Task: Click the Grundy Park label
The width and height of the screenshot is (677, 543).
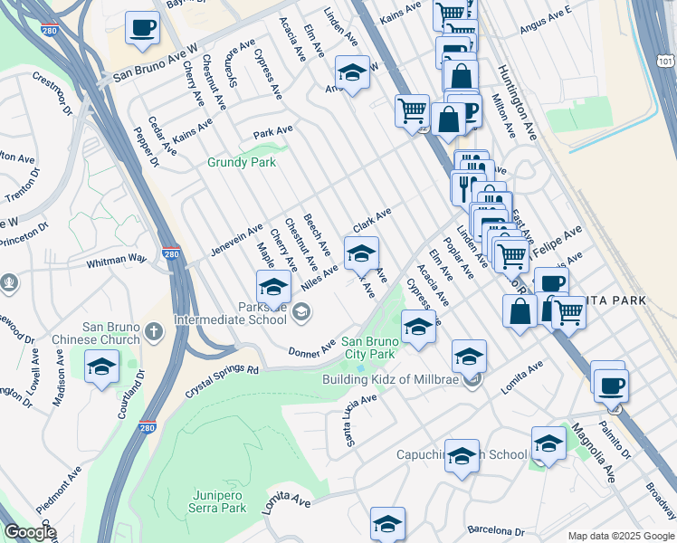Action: click(x=241, y=163)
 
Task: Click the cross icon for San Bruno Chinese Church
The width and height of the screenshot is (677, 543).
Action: click(x=153, y=332)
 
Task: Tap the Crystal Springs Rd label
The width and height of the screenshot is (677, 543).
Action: click(x=222, y=381)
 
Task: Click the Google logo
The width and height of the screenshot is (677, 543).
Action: click(x=30, y=532)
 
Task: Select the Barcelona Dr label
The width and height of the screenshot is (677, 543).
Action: click(x=495, y=531)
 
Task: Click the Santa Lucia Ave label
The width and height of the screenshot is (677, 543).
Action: click(x=360, y=421)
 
